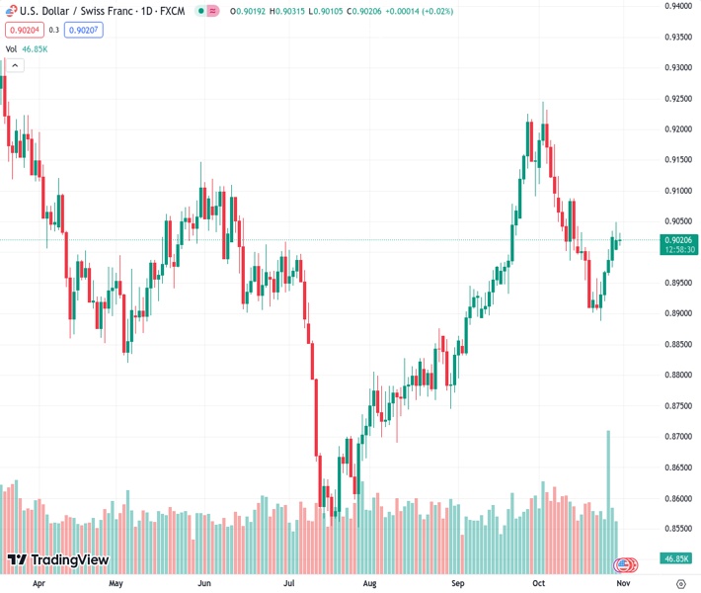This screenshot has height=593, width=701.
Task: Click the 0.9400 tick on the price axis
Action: [x=677, y=6]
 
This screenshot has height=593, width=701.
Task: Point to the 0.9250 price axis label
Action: [x=677, y=99]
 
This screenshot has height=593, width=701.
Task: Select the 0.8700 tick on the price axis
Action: [x=677, y=436]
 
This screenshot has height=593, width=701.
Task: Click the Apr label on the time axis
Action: [x=39, y=583]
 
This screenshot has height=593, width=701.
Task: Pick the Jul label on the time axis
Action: [x=287, y=583]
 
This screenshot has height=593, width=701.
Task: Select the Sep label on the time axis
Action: [x=458, y=583]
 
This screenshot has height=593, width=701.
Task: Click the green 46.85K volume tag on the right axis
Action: [x=676, y=558]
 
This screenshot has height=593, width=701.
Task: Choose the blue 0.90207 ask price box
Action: [x=84, y=30]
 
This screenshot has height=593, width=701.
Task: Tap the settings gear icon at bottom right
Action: [x=680, y=583]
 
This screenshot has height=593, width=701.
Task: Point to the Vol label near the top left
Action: [x=12, y=48]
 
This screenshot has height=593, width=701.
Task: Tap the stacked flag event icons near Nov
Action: [x=625, y=564]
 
